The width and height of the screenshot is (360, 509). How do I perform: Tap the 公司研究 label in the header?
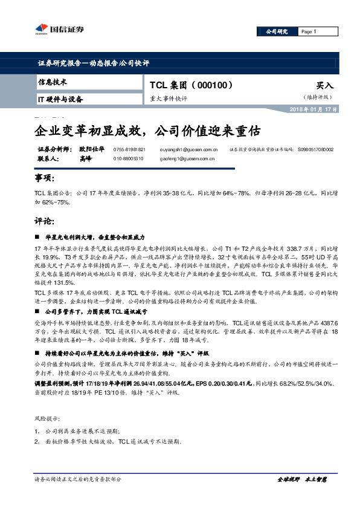(277, 31)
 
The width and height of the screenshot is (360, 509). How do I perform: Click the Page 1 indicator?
(308, 31)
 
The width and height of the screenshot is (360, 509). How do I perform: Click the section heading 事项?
(45, 179)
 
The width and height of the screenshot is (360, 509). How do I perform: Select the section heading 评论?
(45, 222)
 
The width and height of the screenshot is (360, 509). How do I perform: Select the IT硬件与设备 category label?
(61, 99)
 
